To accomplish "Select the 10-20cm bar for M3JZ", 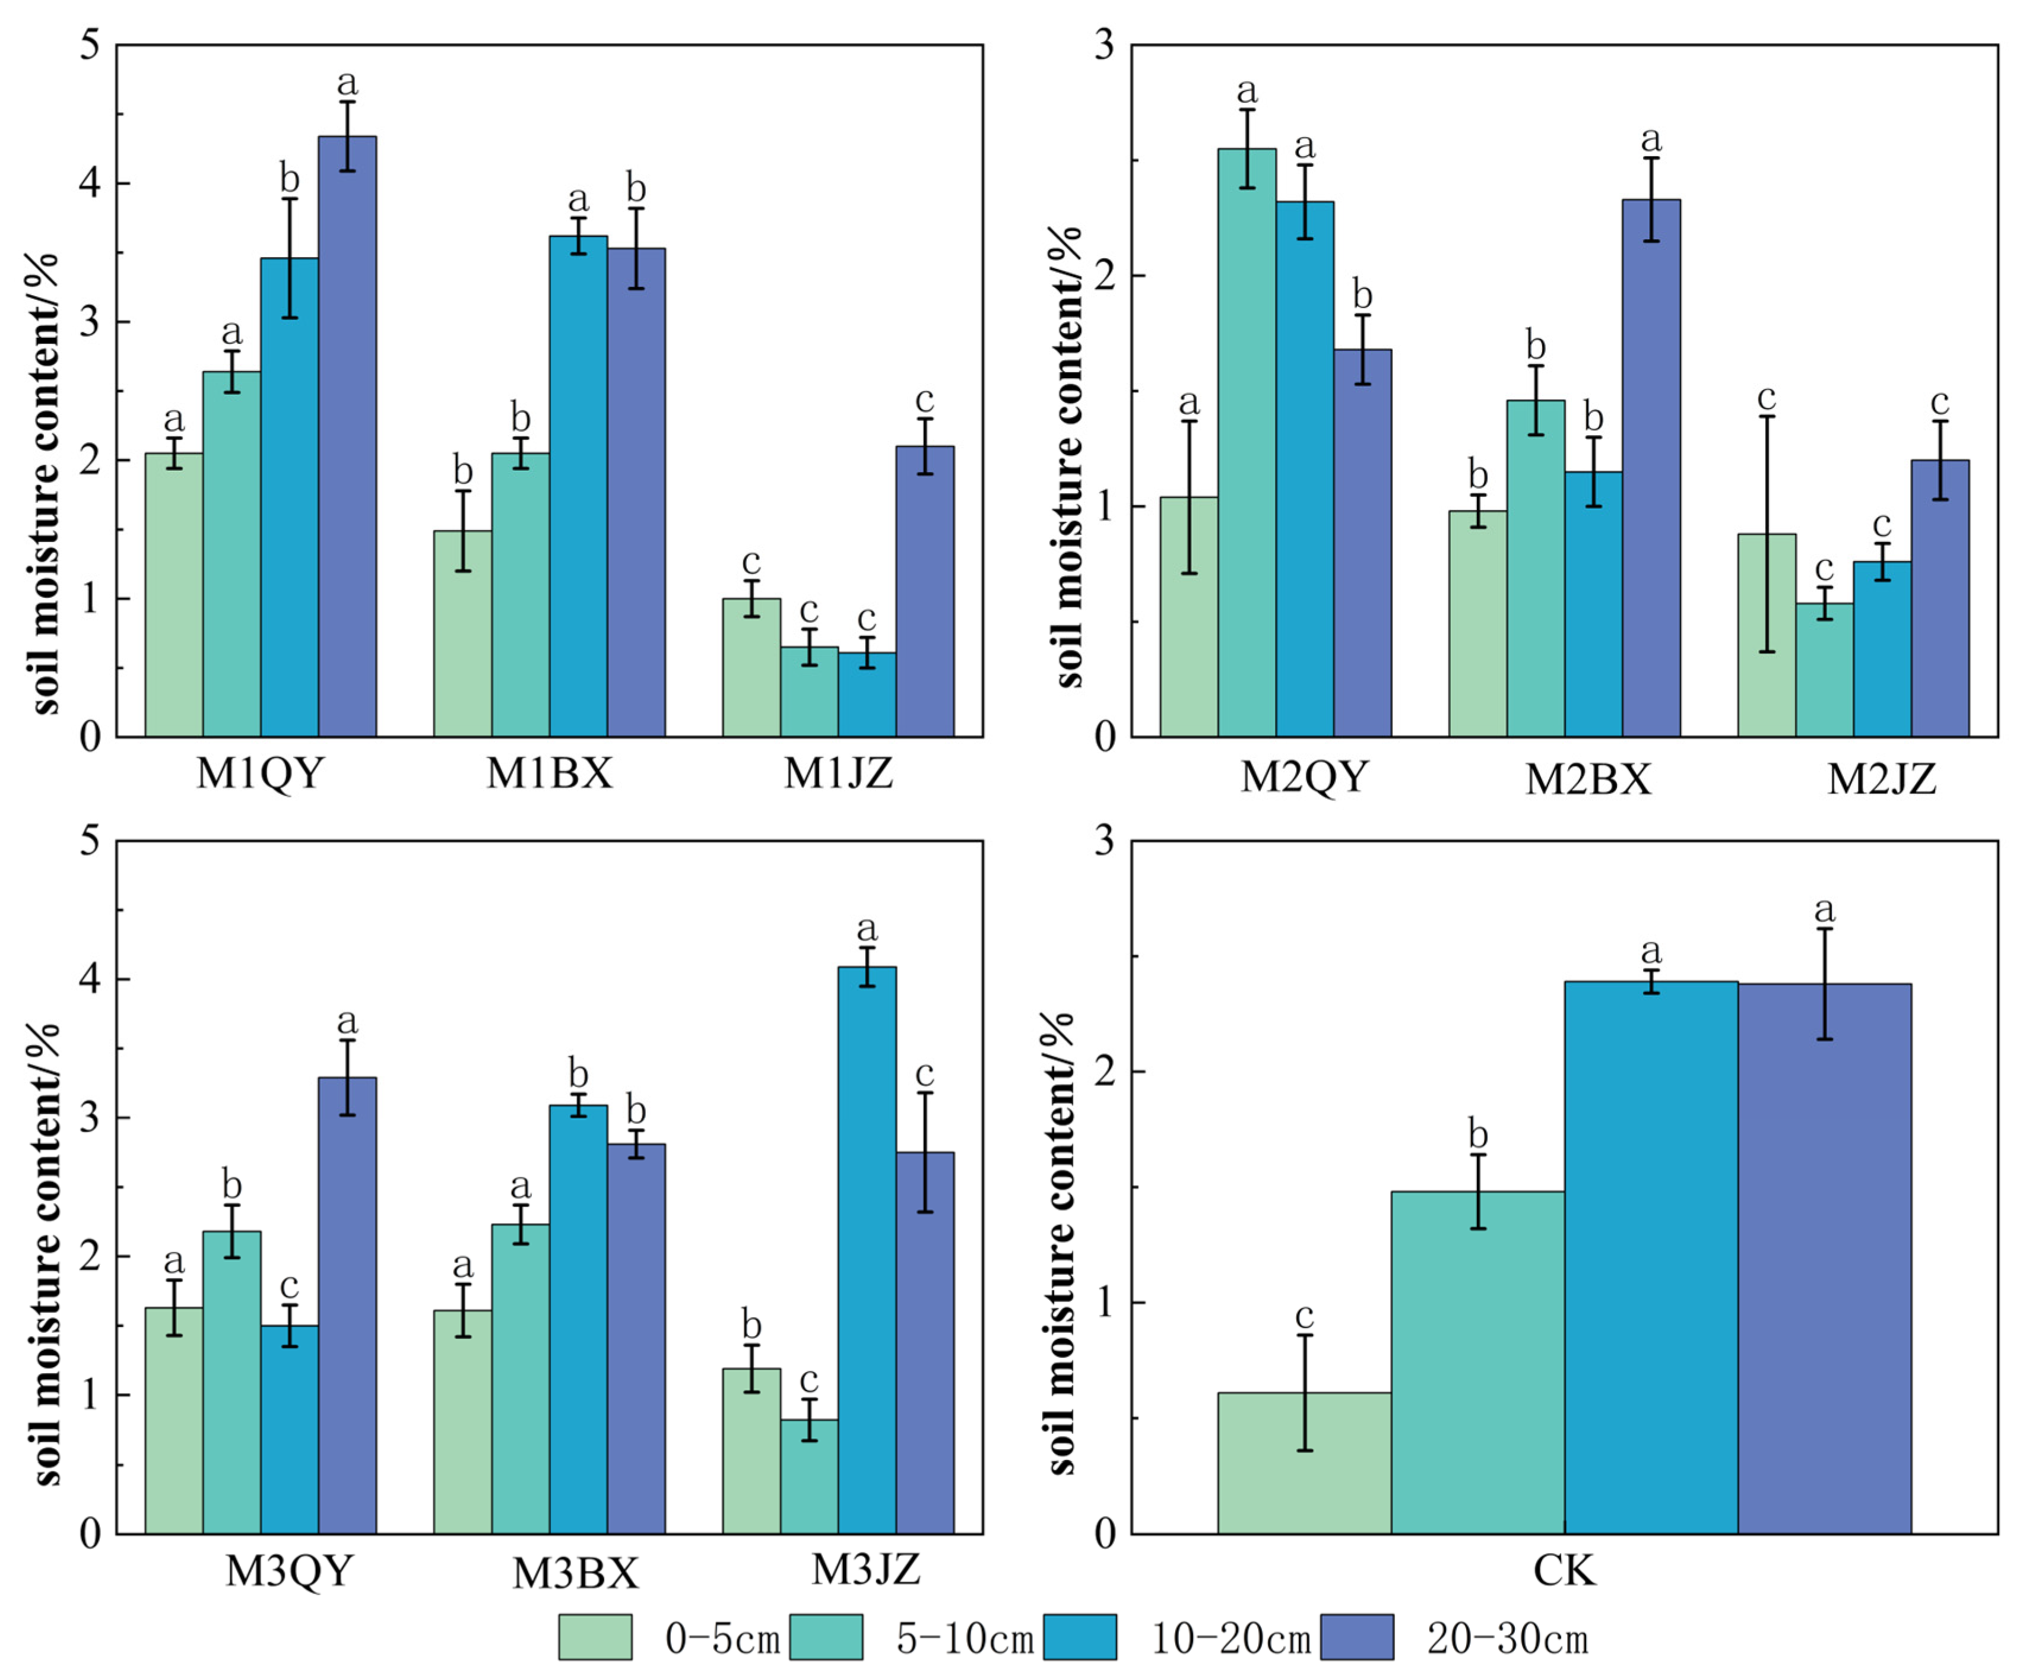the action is (x=867, y=1250).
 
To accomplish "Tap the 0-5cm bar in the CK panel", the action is (x=1304, y=1463).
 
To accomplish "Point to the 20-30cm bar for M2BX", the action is (x=1651, y=468).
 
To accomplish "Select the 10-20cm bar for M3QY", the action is (x=289, y=1430).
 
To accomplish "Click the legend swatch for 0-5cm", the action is (x=595, y=1637).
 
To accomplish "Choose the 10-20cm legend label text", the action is (x=1231, y=1639).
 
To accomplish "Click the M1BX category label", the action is (x=549, y=774).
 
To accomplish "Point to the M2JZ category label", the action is (x=1881, y=778).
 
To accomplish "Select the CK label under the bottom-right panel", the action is (x=1565, y=1571).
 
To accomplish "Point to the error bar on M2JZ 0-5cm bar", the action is (x=1767, y=534).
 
